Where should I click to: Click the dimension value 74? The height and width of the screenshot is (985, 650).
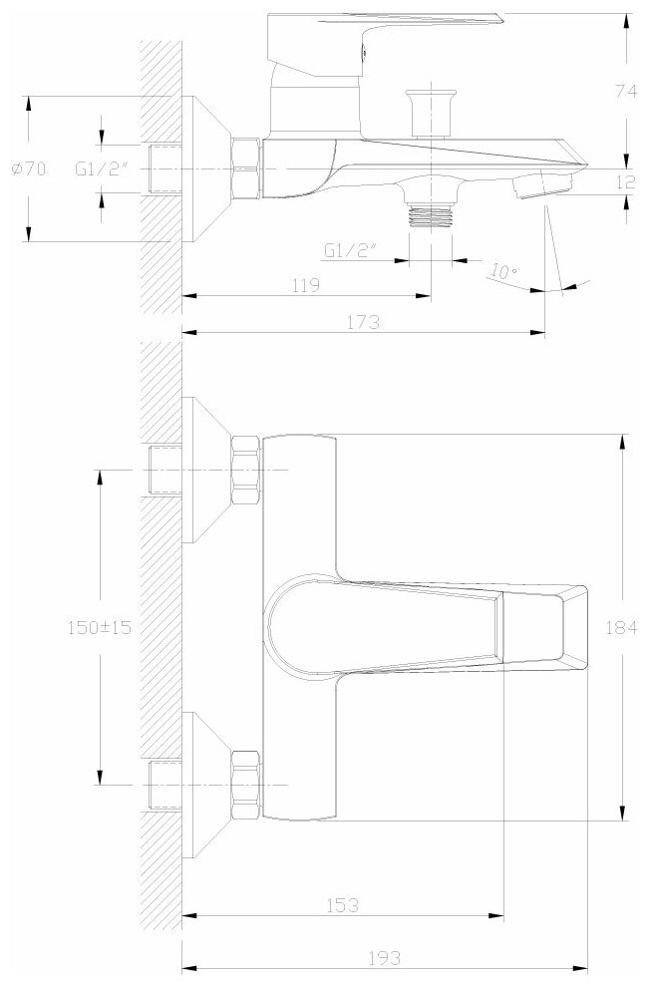(625, 91)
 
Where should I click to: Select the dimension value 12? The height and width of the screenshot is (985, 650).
(625, 182)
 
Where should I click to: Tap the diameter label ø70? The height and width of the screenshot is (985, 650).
(29, 168)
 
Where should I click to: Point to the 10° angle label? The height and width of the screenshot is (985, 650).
(503, 272)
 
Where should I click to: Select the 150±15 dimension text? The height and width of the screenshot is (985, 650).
(100, 627)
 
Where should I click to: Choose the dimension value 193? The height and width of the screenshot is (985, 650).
(385, 957)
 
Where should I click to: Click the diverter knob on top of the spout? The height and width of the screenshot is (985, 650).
(431, 113)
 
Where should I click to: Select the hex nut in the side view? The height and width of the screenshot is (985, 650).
(246, 168)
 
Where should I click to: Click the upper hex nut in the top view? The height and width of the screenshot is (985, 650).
(246, 470)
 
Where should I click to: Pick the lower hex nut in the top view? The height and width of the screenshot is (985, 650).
(246, 785)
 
